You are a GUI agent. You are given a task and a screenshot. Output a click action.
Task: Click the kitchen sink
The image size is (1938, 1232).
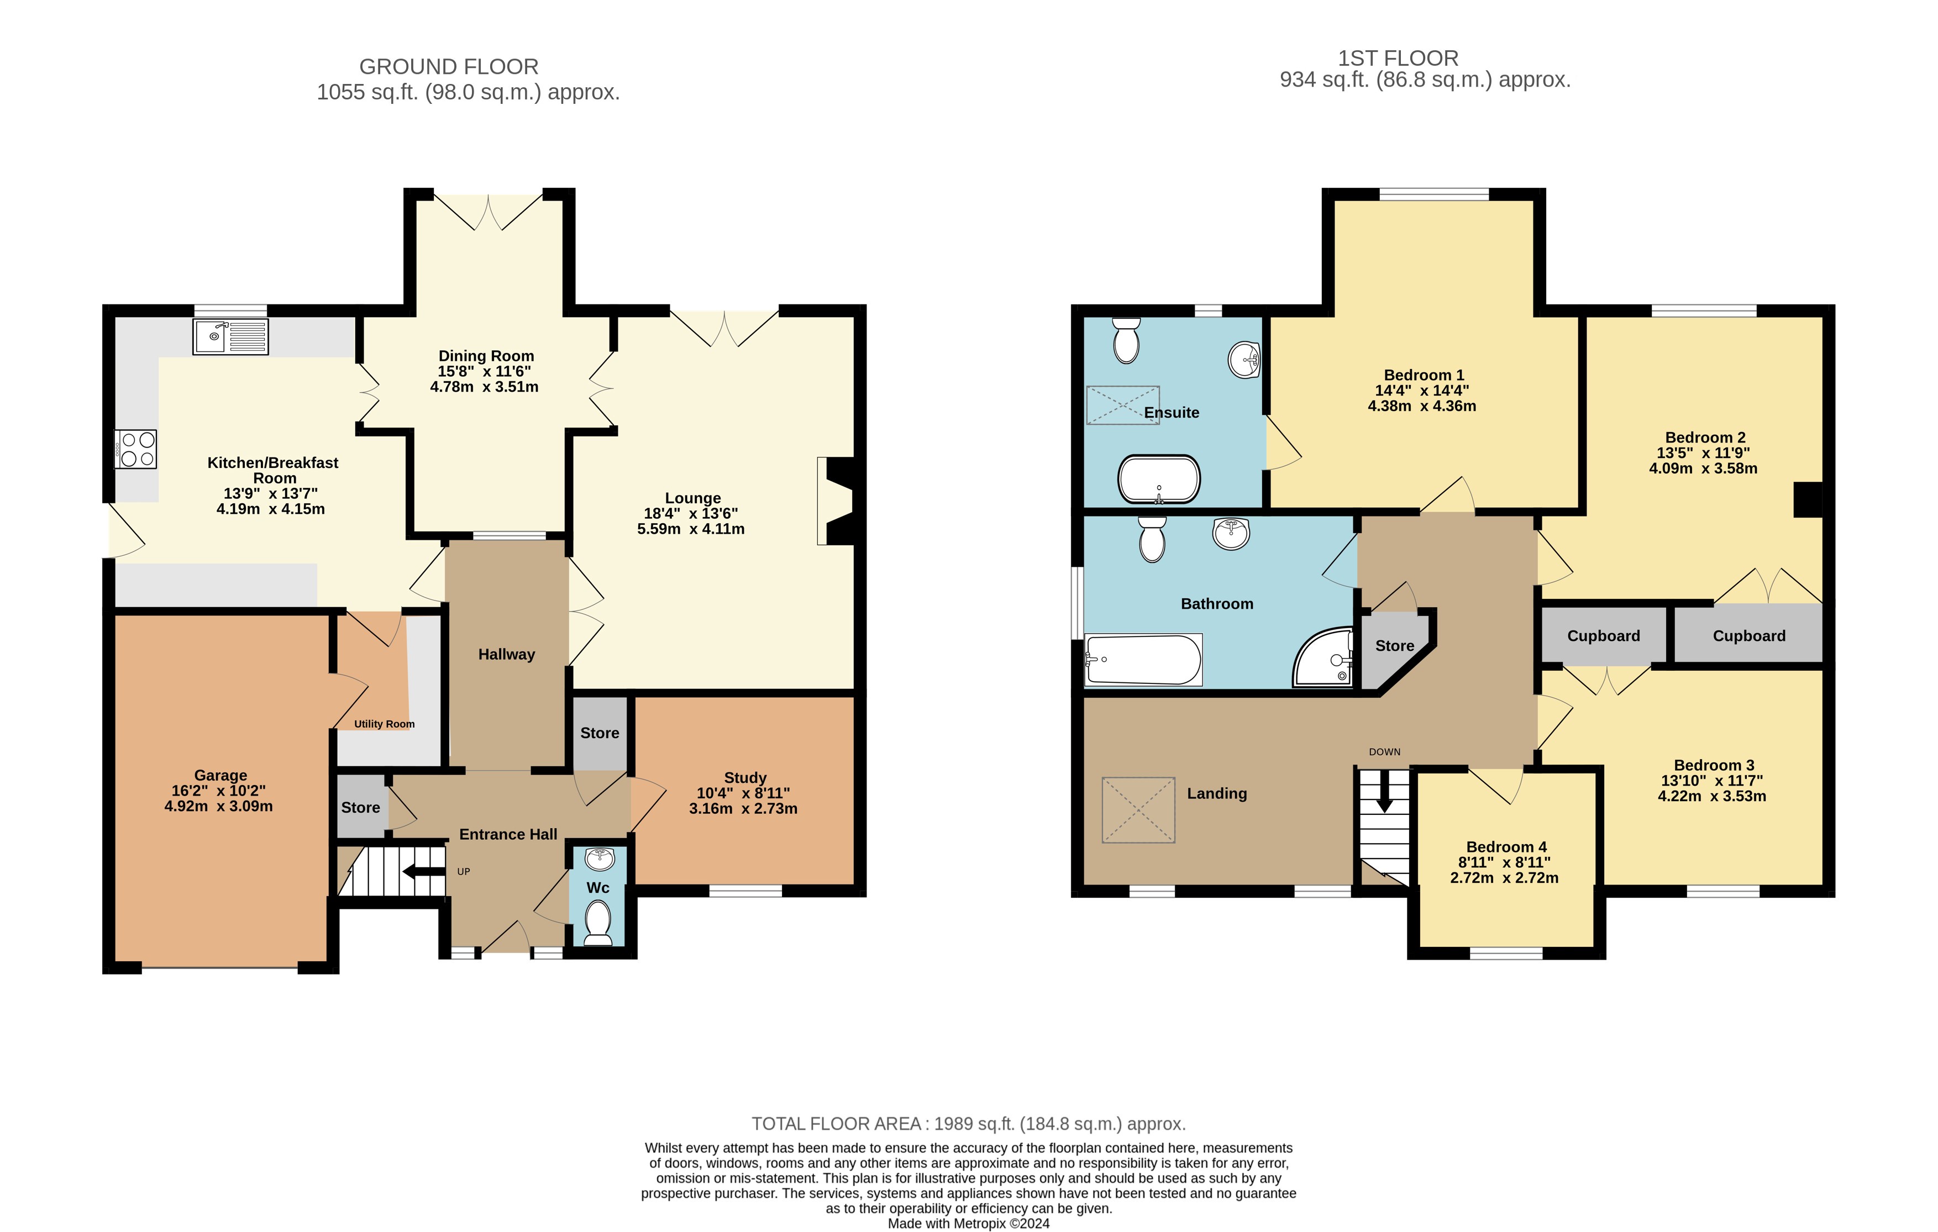point(230,336)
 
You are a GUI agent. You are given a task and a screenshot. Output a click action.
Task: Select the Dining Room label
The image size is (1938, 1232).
point(486,356)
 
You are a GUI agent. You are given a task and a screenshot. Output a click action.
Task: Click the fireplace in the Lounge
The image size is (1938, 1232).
point(836,501)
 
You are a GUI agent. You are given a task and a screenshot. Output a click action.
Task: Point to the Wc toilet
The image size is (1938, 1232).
point(598,922)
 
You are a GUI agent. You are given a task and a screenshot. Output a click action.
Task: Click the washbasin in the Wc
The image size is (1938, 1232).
point(600,859)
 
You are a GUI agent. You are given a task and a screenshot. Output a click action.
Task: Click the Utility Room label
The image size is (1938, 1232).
point(385,724)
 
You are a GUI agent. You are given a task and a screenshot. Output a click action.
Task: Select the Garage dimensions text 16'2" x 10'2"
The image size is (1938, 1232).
point(219,791)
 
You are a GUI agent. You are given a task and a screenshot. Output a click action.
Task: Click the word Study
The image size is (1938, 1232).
point(745,777)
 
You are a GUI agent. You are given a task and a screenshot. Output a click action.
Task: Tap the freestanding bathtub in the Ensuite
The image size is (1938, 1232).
point(1159,480)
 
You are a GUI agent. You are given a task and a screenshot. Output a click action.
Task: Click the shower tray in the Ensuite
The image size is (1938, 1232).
point(1123,405)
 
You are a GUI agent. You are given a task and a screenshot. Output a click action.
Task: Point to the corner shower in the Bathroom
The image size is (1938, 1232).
point(1323,657)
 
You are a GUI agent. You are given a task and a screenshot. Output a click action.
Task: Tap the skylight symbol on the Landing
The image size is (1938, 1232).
point(1138,809)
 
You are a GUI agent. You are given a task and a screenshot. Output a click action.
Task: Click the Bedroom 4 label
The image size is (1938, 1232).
point(1506,846)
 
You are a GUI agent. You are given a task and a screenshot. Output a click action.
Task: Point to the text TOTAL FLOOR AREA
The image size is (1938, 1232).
point(836,1123)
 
